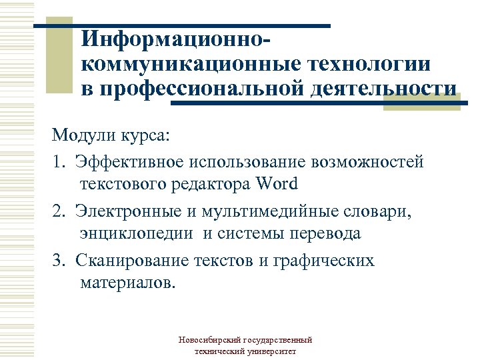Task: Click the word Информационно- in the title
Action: tap(177, 40)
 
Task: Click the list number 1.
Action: tap(59, 161)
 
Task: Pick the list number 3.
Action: tap(59, 260)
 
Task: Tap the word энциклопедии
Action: tap(138, 233)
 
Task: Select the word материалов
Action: tap(127, 283)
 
